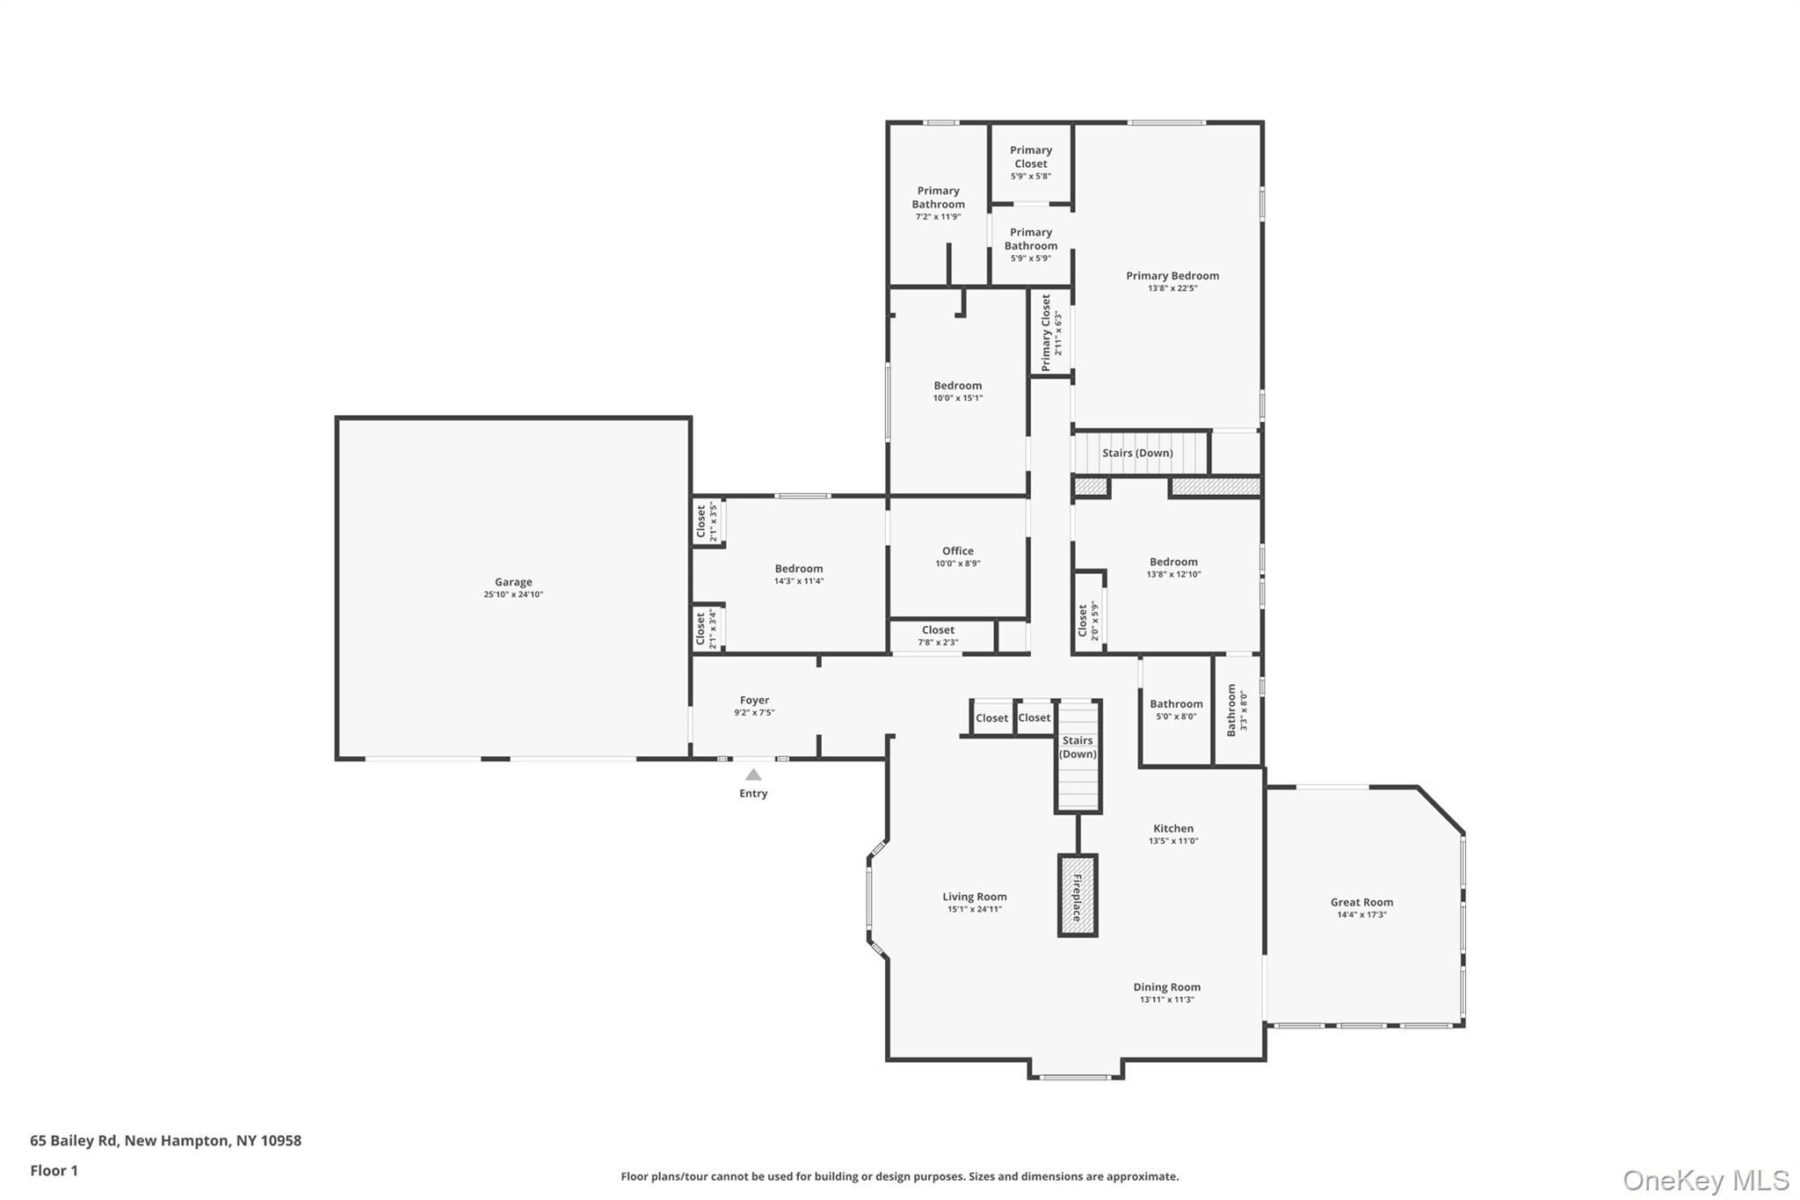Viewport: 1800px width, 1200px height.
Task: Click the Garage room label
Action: [x=513, y=582]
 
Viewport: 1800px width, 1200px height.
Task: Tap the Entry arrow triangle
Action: [x=753, y=775]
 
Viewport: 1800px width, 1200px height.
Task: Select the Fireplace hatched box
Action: [x=1077, y=895]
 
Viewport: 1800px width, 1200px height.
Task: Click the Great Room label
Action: [x=1361, y=902]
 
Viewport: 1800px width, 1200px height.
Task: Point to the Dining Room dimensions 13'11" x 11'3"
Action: [x=1166, y=1000]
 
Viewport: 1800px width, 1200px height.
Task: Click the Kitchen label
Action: [x=1173, y=828]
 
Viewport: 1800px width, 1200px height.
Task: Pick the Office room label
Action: [x=957, y=551]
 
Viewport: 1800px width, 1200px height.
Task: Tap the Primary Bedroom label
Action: [x=1172, y=276]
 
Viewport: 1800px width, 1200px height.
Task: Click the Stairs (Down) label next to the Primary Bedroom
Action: [x=1137, y=453]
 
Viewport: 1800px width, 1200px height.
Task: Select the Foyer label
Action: [x=754, y=701]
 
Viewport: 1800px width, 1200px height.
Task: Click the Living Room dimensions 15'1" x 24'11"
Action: [x=975, y=910]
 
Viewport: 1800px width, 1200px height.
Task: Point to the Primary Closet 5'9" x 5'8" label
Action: [x=1030, y=163]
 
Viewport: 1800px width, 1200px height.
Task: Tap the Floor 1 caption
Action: [x=54, y=1171]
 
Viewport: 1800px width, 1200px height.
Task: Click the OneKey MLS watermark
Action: [x=1705, y=1180]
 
